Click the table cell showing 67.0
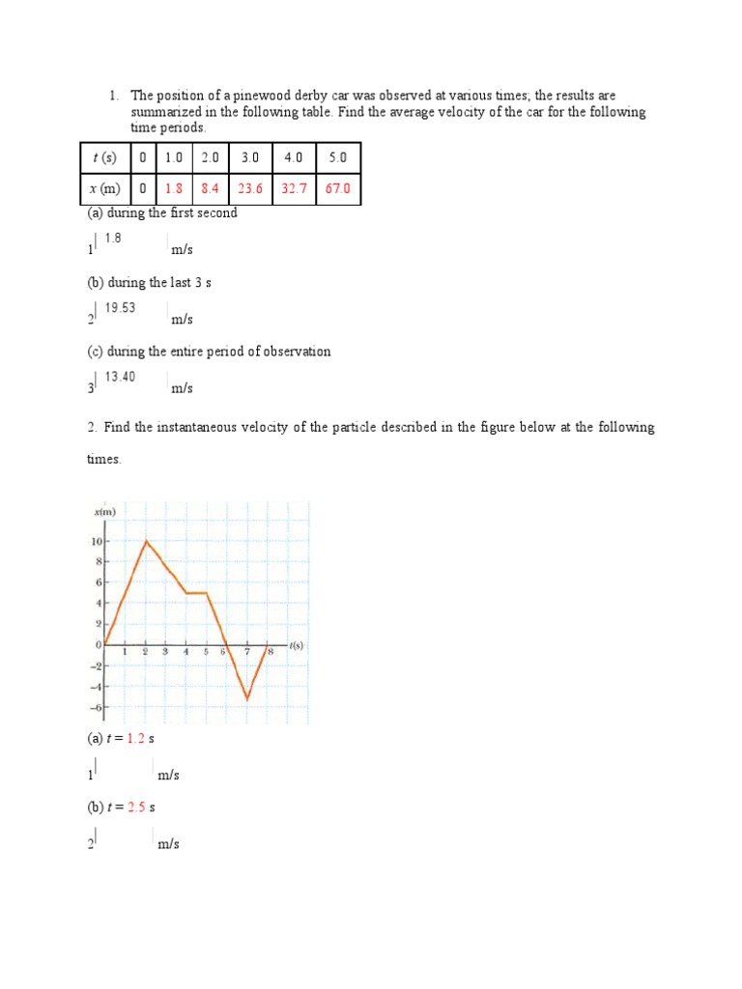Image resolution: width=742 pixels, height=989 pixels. tap(337, 189)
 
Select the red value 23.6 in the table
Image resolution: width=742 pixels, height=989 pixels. tap(250, 189)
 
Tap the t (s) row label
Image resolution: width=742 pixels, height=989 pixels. tap(106, 157)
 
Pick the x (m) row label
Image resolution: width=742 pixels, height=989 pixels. tap(106, 189)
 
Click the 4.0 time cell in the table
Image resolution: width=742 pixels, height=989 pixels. tap(294, 157)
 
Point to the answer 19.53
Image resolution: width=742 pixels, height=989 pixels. tap(120, 308)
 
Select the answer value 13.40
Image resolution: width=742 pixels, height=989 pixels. tap(120, 377)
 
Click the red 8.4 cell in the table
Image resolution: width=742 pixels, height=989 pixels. tap(210, 189)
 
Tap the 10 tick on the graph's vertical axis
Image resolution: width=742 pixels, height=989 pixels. tap(97, 541)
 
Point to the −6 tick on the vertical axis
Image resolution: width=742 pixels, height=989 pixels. tap(96, 708)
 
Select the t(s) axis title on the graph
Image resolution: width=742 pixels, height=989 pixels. tap(295, 644)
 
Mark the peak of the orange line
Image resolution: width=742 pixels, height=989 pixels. tap(146, 541)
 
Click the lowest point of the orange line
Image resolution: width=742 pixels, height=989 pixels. tap(247, 698)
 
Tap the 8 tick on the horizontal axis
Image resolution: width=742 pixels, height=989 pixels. tap(270, 653)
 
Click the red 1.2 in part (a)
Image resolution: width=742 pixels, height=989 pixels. tap(135, 739)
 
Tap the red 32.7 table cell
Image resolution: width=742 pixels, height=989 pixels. tap(294, 189)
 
